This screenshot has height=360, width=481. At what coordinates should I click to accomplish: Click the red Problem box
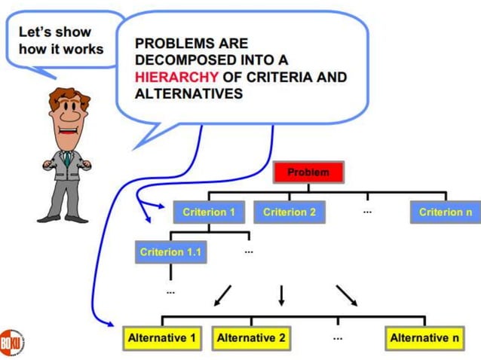[308, 172]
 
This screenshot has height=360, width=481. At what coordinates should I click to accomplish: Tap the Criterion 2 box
[290, 212]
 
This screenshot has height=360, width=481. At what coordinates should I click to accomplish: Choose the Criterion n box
[445, 212]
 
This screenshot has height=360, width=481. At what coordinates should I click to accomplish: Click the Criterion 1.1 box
[170, 252]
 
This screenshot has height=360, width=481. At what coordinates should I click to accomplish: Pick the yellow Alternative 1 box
[162, 338]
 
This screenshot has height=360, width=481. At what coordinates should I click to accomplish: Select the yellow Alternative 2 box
[251, 338]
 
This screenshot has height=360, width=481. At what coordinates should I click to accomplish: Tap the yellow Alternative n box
[424, 338]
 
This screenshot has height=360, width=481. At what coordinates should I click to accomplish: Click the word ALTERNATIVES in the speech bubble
[188, 94]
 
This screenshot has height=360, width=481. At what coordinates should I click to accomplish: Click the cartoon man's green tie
[67, 158]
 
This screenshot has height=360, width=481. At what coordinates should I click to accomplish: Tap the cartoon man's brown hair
[68, 96]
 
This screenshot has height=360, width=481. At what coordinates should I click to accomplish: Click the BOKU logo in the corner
[11, 341]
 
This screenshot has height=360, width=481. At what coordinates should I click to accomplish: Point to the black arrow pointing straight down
[281, 295]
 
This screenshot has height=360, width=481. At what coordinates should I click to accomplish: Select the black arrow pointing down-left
[222, 296]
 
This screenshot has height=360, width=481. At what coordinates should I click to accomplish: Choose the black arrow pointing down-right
[347, 295]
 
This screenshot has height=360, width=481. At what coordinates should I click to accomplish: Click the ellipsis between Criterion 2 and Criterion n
[367, 212]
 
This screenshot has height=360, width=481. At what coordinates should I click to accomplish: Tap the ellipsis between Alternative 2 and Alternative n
[337, 338]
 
